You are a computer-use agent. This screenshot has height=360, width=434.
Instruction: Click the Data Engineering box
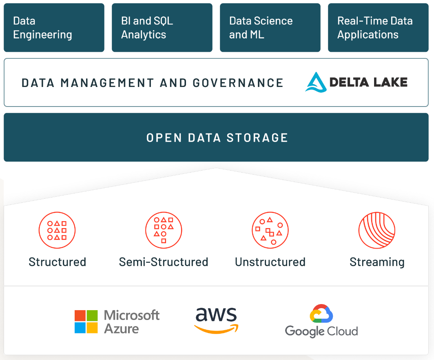[x=54, y=28]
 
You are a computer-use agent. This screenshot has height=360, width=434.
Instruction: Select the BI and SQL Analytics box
[x=162, y=28]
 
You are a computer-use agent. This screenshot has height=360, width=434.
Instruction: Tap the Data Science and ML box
[x=270, y=28]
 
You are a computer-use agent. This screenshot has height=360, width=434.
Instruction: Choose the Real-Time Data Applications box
[x=378, y=28]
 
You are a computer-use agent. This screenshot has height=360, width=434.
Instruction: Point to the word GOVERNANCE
[x=238, y=83]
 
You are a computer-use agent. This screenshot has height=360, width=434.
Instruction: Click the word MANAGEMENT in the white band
[x=107, y=83]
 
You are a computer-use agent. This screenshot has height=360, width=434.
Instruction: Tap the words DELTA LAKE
[x=368, y=82]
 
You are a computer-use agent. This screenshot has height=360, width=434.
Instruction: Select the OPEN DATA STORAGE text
[x=217, y=138]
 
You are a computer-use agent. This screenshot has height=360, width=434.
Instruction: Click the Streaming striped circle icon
[x=377, y=230]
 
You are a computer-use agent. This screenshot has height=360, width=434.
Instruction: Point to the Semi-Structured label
[x=164, y=262]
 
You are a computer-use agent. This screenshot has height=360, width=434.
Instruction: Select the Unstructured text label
[x=270, y=262]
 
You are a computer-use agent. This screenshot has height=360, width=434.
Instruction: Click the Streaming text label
[x=377, y=262]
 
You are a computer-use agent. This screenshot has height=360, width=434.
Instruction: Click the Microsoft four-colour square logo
[x=86, y=322]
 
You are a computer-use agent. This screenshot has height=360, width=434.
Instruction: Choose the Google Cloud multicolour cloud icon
[x=321, y=313]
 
